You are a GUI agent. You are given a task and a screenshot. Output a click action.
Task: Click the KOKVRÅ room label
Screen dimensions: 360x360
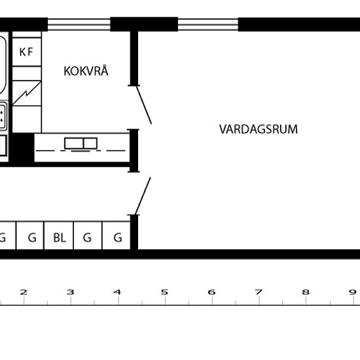pyautogui.click(x=85, y=71)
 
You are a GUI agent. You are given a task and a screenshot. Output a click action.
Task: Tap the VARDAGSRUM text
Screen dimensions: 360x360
pyautogui.click(x=258, y=129)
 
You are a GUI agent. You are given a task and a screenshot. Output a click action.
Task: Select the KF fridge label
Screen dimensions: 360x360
pyautogui.click(x=27, y=52)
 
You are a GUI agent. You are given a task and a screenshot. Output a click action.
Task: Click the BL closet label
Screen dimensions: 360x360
pyautogui.click(x=59, y=238)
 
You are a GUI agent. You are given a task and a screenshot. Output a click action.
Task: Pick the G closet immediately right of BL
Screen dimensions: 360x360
pyautogui.click(x=87, y=238)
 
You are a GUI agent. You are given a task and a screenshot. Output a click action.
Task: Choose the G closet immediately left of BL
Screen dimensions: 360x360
pyautogui.click(x=31, y=238)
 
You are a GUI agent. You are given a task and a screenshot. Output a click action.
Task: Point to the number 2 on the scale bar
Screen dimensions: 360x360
pyautogui.click(x=24, y=292)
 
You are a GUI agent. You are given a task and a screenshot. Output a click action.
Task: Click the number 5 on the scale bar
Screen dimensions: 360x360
pyautogui.click(x=164, y=292)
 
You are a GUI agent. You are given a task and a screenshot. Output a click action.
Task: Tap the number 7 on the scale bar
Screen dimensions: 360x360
pyautogui.click(x=259, y=292)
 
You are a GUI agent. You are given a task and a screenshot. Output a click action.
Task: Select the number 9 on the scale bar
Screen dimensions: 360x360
pyautogui.click(x=351, y=292)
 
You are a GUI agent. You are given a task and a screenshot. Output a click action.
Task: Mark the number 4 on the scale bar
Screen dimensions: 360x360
pyautogui.click(x=117, y=292)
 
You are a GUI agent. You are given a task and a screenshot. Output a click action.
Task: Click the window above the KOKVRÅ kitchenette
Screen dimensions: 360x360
pyautogui.click(x=79, y=24)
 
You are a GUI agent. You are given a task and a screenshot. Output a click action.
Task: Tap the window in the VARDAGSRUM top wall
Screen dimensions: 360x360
pyautogui.click(x=208, y=24)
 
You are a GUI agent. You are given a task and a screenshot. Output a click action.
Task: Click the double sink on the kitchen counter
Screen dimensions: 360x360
pyautogui.click(x=80, y=143)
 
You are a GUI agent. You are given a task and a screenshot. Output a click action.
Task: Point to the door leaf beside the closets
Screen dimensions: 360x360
pyautogui.click(x=144, y=195)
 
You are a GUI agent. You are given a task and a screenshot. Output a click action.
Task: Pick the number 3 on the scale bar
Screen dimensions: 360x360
pyautogui.click(x=70, y=292)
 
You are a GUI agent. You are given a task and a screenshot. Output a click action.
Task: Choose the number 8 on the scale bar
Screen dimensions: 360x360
pyautogui.click(x=305, y=292)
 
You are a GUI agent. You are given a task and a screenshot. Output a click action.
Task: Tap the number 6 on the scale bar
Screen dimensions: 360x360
pyautogui.click(x=211, y=292)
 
